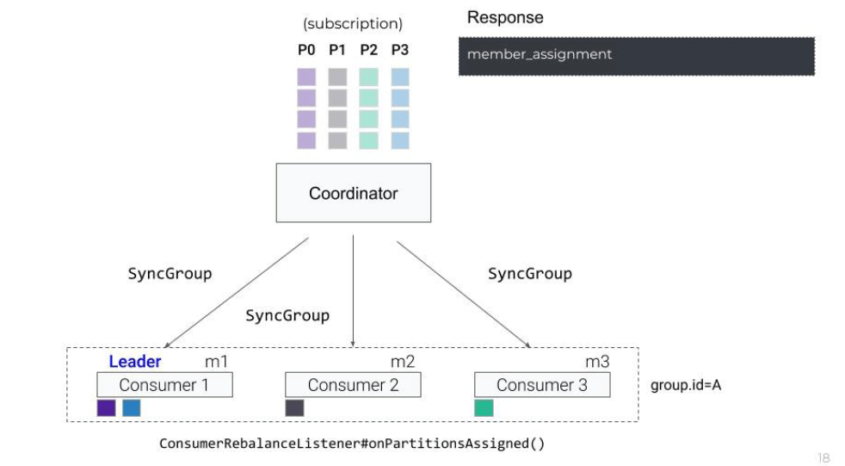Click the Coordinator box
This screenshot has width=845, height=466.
tap(353, 194)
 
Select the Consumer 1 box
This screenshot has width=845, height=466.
tap(163, 385)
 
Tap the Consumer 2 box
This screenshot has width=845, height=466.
tap(353, 385)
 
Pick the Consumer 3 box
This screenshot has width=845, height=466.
tap(541, 385)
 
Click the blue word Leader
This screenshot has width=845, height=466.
tap(134, 362)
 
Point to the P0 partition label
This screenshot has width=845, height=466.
tap(306, 50)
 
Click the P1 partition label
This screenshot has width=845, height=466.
tap(337, 50)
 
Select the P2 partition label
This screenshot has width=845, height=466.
tap(368, 50)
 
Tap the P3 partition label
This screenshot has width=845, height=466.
tap(399, 50)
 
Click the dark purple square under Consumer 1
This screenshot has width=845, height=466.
tap(106, 408)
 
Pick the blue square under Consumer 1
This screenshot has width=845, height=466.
tap(131, 408)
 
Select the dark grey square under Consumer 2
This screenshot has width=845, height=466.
tap(294, 408)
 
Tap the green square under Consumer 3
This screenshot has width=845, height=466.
tap(484, 408)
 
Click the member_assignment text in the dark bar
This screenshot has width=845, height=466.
tap(540, 54)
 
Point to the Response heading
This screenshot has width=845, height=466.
tap(505, 18)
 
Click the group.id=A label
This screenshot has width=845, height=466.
tap(685, 385)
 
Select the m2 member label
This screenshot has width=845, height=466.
tap(403, 362)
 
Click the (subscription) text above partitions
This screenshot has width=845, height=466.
tap(353, 23)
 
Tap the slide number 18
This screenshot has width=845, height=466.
tap(823, 458)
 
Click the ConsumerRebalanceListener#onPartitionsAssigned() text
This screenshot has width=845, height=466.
tap(352, 444)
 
